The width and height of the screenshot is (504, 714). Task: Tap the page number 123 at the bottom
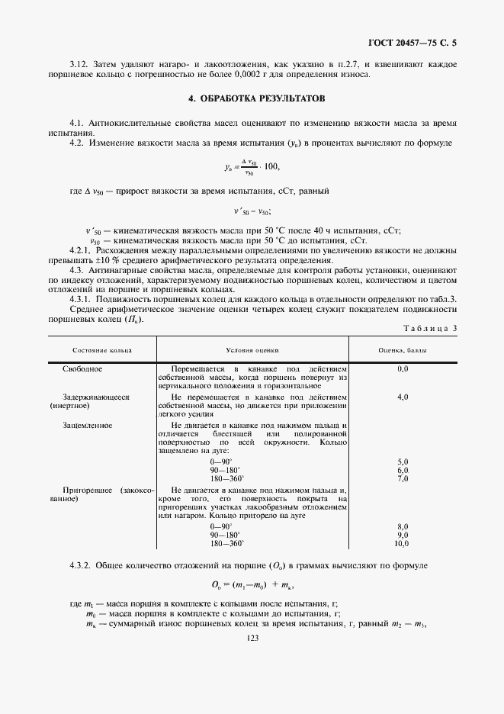[x=253, y=638]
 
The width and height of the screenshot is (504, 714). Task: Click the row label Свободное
[x=83, y=369]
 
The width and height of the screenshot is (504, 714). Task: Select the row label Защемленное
[x=88, y=425]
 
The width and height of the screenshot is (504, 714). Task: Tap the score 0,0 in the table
[x=403, y=369]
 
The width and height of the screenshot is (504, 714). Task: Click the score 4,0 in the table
[x=403, y=397]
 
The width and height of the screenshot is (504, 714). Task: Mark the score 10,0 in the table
[x=402, y=543]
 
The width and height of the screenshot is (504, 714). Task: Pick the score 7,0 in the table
[x=403, y=478]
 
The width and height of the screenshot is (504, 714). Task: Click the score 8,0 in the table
[x=403, y=526]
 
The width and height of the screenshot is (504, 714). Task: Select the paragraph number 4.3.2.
[x=80, y=565]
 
